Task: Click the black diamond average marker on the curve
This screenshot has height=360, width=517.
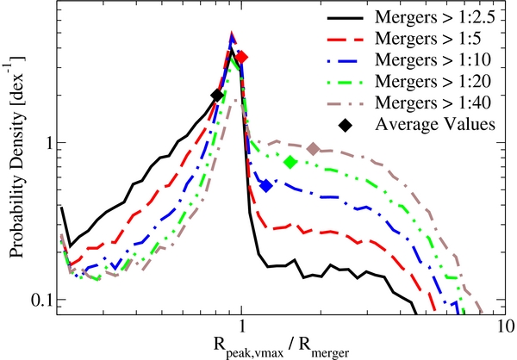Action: (x=217, y=96)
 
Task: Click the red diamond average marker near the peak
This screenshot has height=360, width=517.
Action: (x=242, y=57)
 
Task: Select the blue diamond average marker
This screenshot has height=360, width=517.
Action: (x=266, y=185)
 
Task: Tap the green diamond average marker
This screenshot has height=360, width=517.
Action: (x=290, y=162)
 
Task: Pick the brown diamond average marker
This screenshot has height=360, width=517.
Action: (x=314, y=149)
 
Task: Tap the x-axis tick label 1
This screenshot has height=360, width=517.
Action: (x=242, y=327)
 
